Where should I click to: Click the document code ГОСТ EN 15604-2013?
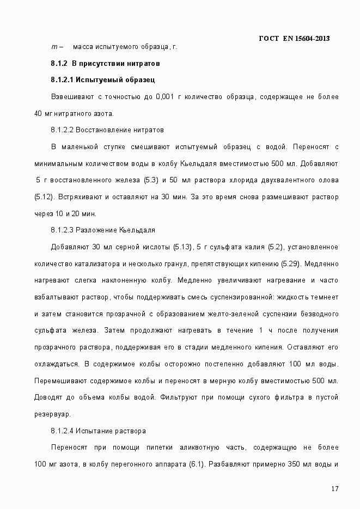coord(294,38)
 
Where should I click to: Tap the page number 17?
coord(335,488)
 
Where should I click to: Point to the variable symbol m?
coord(54,47)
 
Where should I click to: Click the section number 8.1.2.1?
coord(62,80)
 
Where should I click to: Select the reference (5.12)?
coord(43,197)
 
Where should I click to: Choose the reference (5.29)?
coord(291,264)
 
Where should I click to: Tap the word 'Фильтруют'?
coord(178,397)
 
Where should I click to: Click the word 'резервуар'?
coord(52,414)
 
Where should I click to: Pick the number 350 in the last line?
coord(294,464)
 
